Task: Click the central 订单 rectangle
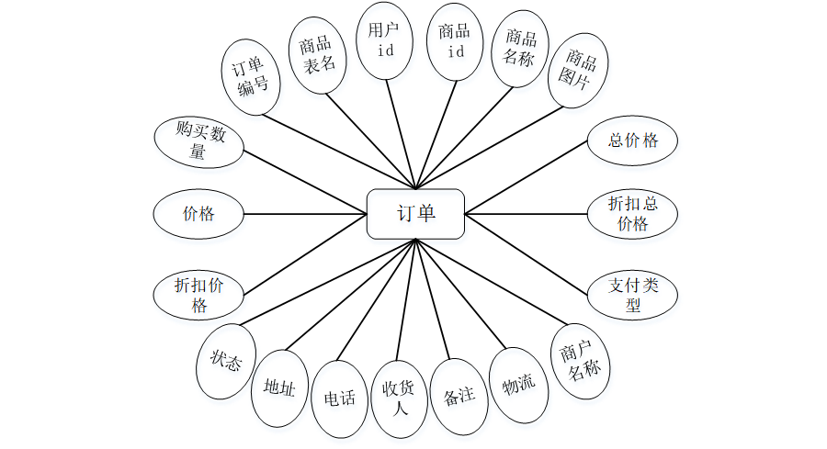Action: click(415, 213)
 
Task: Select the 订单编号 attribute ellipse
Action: click(252, 76)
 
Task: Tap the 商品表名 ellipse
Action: click(318, 53)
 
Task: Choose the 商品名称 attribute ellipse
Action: click(519, 49)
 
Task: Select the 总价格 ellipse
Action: click(633, 140)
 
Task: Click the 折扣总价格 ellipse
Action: click(633, 213)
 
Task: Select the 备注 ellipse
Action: click(459, 396)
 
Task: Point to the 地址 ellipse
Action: click(279, 388)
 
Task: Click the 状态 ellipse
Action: click(226, 362)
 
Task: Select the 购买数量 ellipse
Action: click(200, 142)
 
